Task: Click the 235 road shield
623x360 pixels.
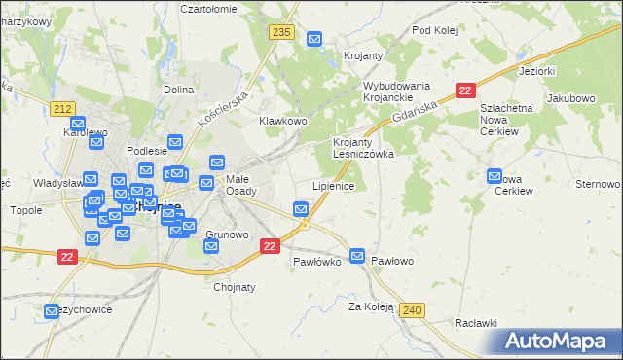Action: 282,33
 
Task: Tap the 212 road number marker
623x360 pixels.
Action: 64,108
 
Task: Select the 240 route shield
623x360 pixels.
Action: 412,309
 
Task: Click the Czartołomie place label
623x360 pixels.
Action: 209,8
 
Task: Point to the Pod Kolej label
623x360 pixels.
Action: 434,30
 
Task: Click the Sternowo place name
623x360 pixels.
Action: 599,183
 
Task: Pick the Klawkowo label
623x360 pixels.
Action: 283,121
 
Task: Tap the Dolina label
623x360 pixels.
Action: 179,90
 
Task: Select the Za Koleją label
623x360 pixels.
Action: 371,306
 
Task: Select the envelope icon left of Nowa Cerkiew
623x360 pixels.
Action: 494,177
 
